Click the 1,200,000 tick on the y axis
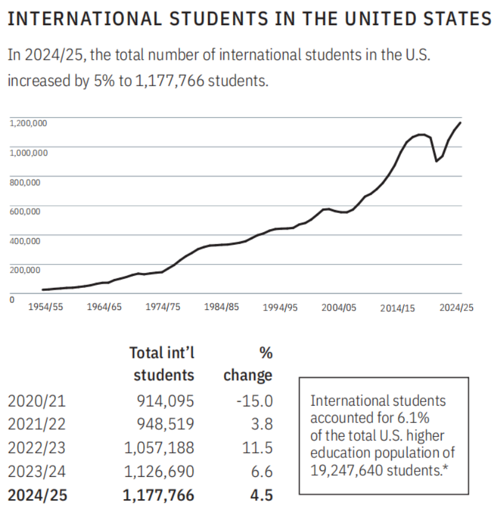(28, 123)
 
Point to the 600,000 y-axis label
(25, 211)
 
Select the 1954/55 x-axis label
(48, 307)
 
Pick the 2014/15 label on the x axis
(397, 308)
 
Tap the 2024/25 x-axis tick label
(456, 308)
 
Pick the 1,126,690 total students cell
(159, 472)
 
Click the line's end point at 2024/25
(460, 123)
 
